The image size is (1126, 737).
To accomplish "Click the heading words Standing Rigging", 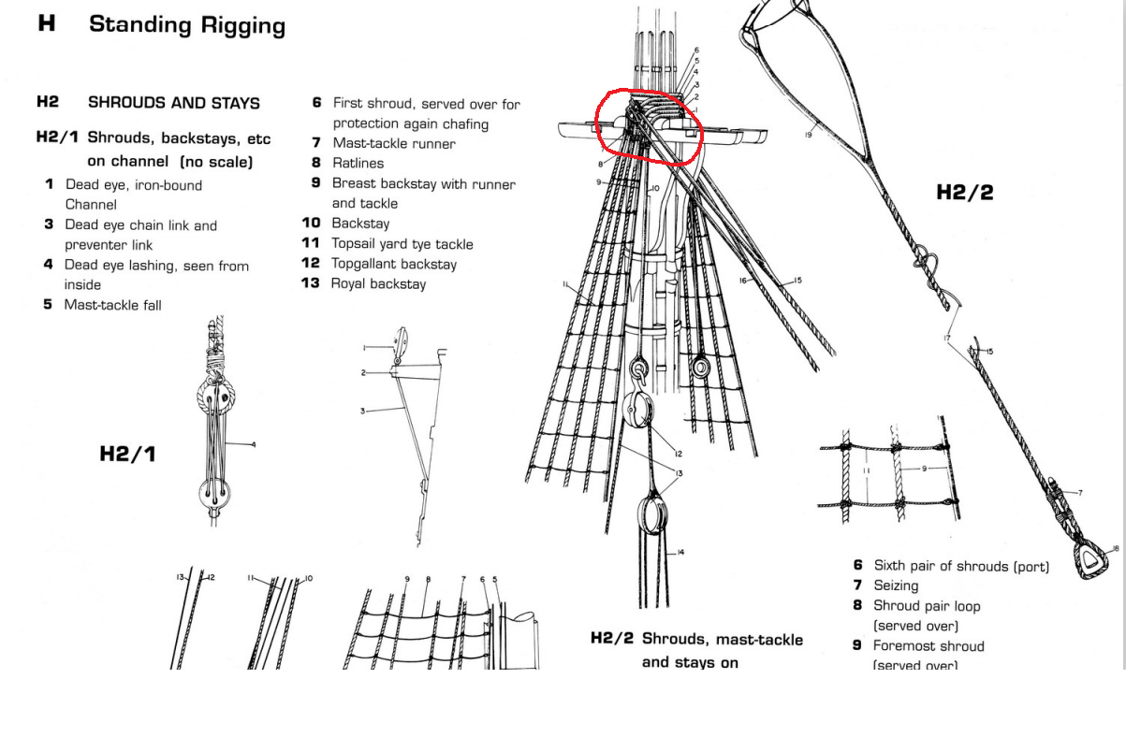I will [186, 25].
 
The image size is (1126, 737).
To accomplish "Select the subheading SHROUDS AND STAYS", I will [173, 103].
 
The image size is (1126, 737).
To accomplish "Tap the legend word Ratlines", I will [358, 164].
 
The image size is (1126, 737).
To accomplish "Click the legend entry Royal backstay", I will [378, 283].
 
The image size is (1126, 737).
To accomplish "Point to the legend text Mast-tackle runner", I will [394, 144].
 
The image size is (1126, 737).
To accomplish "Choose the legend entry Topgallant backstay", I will [394, 264].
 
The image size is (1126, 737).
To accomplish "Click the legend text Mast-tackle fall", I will [113, 305].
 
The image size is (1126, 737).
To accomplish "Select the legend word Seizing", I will [896, 585].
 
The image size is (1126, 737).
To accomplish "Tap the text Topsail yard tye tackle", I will [402, 244].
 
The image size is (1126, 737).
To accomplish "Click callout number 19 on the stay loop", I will [808, 136].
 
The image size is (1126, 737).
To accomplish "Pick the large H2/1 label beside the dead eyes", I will [127, 455].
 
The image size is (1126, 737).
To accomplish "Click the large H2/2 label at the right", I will [964, 193].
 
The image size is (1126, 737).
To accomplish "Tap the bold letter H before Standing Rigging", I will [47, 24].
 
